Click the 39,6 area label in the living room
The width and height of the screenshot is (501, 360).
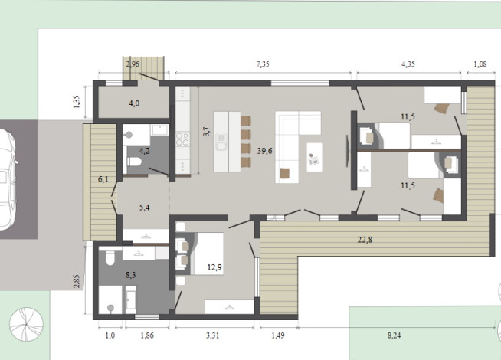click(264, 151)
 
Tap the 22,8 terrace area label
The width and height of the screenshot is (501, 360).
click(365, 240)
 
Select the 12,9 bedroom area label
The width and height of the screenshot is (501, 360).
click(214, 267)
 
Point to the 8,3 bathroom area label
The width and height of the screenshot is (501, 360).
click(131, 275)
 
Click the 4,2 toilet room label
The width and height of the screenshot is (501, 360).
click(145, 151)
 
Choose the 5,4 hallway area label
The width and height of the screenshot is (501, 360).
click(145, 208)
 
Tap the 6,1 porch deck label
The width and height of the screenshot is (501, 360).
click(103, 179)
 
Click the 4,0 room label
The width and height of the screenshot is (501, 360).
click(134, 103)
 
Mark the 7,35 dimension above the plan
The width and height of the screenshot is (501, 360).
click(263, 64)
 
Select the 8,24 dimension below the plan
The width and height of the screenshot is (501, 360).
click(394, 335)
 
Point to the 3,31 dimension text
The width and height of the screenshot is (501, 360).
click(212, 335)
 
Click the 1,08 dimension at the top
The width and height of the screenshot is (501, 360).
click(480, 64)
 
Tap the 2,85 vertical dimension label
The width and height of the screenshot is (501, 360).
click(77, 281)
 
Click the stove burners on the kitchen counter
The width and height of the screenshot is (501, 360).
click(183, 139)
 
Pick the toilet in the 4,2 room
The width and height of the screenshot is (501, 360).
click(134, 162)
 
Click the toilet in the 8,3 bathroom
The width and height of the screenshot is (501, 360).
click(110, 258)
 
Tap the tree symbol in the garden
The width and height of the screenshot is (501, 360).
click(26, 324)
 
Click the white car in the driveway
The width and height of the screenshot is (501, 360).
click(7, 179)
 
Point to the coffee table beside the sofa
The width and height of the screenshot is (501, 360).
click(314, 157)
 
